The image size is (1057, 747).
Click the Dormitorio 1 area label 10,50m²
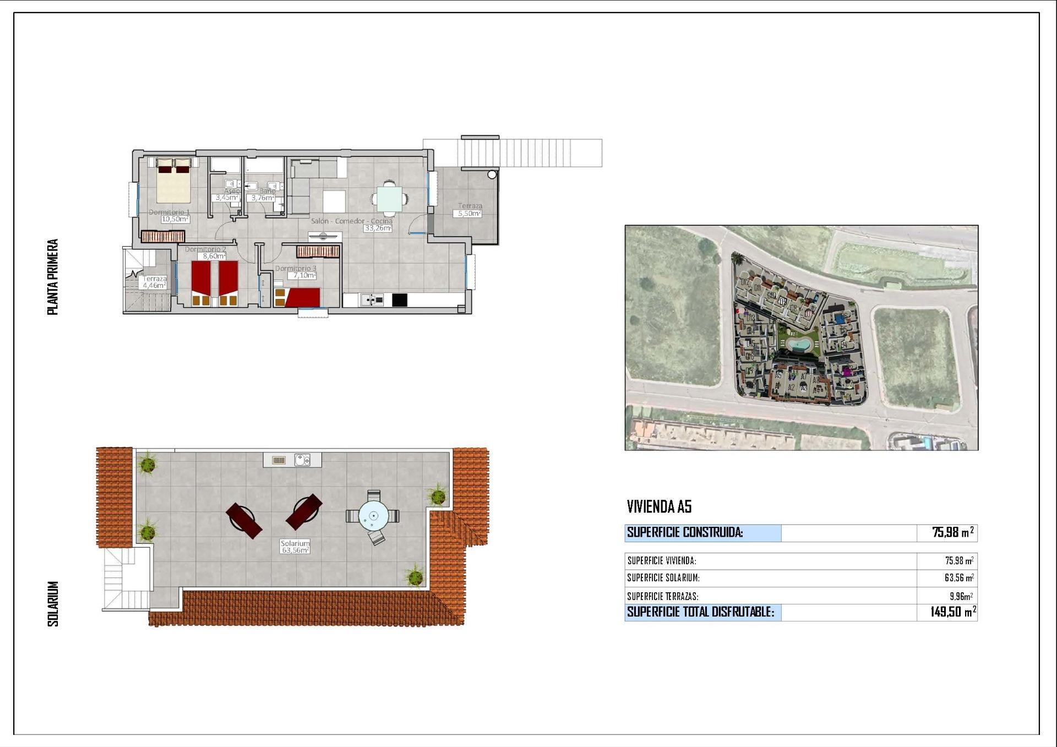(x=175, y=219)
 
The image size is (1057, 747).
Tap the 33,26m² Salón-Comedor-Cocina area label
(x=378, y=228)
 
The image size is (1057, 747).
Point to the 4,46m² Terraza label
(x=154, y=285)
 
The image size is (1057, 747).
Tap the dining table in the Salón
(x=389, y=199)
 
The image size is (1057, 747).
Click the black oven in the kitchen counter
(x=400, y=300)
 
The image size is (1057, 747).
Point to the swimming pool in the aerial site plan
(x=797, y=345)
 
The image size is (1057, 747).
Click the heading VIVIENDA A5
(x=659, y=506)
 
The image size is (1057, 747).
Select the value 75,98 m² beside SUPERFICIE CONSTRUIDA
(x=952, y=532)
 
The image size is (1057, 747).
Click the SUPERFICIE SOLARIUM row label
(x=663, y=578)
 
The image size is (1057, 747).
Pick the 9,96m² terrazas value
(x=961, y=596)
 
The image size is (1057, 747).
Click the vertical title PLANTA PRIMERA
(x=53, y=276)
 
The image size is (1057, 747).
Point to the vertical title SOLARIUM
(x=53, y=603)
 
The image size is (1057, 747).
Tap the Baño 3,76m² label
(x=263, y=198)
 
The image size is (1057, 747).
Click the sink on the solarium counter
(x=302, y=460)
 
